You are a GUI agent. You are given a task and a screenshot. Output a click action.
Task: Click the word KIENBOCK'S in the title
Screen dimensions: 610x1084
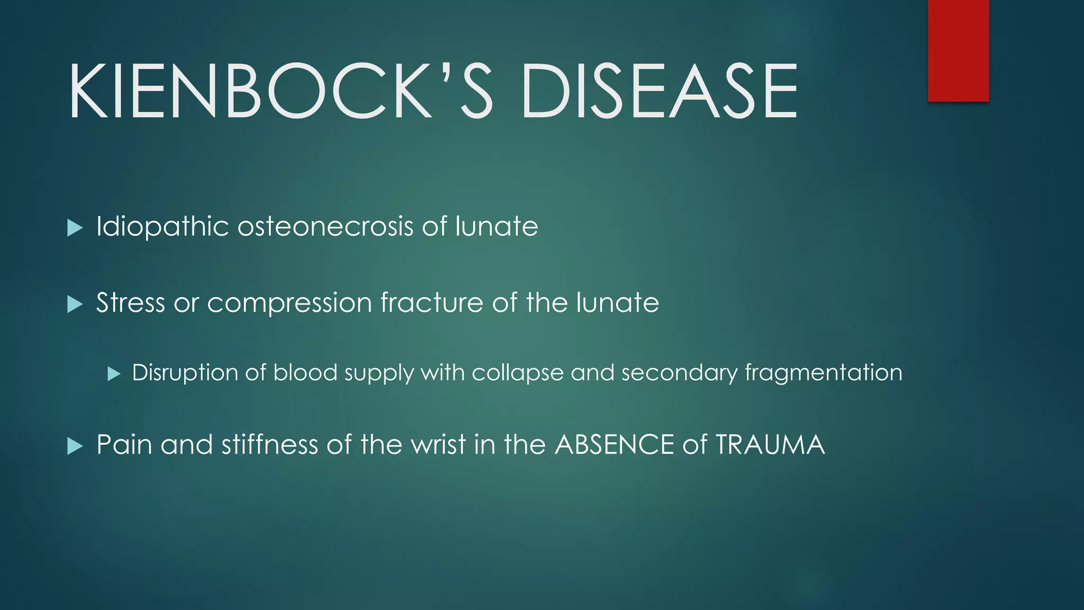281,91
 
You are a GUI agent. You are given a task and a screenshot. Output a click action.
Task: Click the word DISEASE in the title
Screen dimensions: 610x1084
659,91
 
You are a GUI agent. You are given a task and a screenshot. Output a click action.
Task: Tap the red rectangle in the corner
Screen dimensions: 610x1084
958,50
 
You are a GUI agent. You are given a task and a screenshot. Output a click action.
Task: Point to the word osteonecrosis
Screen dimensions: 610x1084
325,227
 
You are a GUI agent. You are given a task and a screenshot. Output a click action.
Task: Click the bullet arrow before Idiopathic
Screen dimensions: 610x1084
75,229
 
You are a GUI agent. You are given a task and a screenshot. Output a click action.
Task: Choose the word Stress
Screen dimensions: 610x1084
130,303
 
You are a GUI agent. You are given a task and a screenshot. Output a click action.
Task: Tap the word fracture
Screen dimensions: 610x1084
431,303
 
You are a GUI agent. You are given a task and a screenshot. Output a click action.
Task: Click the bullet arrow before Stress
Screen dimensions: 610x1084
75,304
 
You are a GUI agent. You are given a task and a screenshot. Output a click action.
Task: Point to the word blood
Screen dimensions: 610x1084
305,373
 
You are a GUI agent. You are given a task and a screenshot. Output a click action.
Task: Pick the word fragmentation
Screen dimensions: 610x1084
823,373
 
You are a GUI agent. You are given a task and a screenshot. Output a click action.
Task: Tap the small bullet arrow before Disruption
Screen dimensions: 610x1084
114,374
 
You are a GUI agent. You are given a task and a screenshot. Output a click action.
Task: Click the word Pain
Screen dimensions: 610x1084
124,444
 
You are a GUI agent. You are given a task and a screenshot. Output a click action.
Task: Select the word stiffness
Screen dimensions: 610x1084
269,444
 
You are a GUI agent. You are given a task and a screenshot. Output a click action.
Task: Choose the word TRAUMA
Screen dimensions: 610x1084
770,444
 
